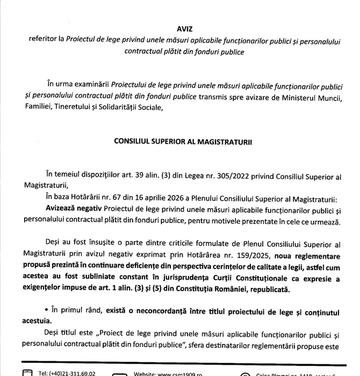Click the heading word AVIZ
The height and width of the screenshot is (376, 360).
coord(184,29)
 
